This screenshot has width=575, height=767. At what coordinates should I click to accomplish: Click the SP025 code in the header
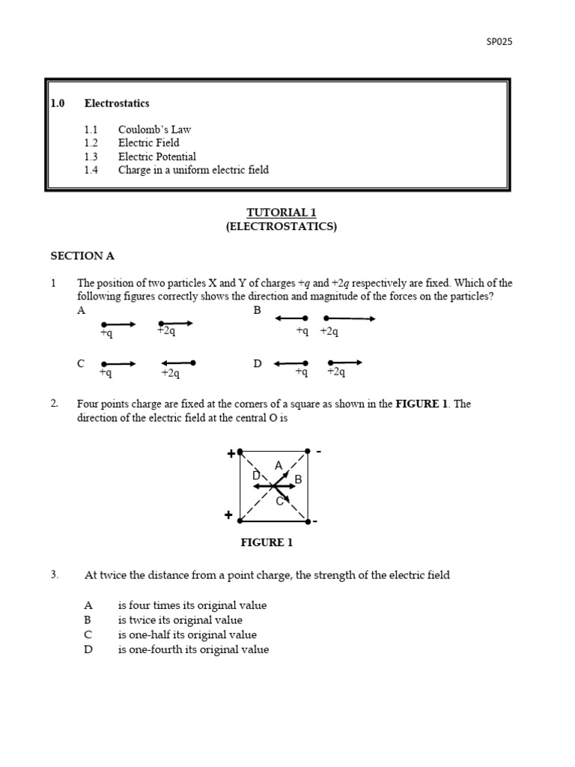499,42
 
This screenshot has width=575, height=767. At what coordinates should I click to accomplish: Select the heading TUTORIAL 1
282,213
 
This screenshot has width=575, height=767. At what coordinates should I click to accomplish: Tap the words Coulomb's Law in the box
155,129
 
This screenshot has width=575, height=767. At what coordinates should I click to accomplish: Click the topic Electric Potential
157,157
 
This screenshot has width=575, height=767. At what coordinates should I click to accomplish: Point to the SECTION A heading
82,255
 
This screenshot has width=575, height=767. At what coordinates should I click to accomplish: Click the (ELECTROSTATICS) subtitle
282,226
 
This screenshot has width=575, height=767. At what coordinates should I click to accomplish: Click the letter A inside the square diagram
279,466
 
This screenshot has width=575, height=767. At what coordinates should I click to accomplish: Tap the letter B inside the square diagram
298,479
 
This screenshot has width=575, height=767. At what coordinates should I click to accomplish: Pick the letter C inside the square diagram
279,501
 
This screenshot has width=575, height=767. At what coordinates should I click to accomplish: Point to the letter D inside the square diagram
256,476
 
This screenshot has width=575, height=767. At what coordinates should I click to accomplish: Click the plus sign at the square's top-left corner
231,454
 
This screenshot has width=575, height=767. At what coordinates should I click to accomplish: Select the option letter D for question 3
88,649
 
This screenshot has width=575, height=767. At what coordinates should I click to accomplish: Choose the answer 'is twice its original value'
180,620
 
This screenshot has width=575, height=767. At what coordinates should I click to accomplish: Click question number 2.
54,404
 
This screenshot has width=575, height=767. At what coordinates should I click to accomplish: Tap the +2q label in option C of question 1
171,373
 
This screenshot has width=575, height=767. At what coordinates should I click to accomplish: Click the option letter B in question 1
258,310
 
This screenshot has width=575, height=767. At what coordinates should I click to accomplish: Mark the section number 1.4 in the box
91,170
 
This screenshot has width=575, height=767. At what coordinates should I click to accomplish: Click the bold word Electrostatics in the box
117,103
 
